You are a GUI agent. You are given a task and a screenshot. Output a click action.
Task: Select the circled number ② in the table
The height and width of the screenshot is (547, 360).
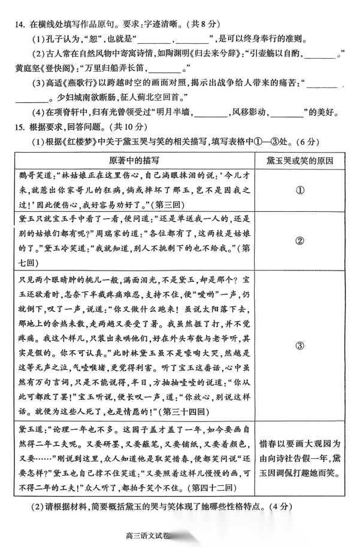[x=301, y=241]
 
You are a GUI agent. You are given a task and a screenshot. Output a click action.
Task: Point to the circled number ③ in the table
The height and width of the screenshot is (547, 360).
[x=301, y=345]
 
